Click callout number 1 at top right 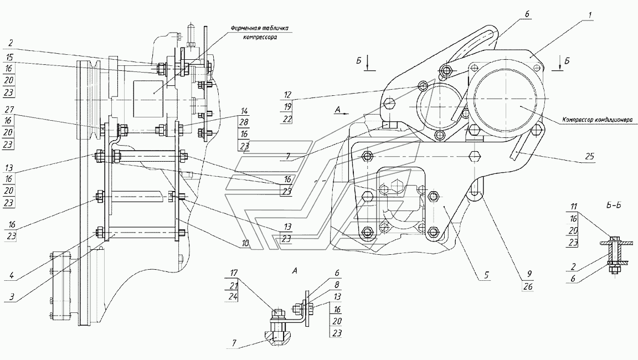pyautogui.click(x=590, y=16)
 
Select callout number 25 pyautogui.click(x=590, y=156)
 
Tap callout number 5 pyautogui.click(x=487, y=275)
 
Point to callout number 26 pyautogui.click(x=528, y=287)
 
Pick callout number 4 pyautogui.click(x=12, y=275)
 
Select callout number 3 pyautogui.click(x=12, y=297)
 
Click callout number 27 pyautogui.click(x=9, y=110)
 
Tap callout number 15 pyautogui.click(x=9, y=58)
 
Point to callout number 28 pyautogui.click(x=244, y=122)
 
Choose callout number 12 pyautogui.click(x=287, y=95)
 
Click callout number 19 pyautogui.click(x=287, y=106)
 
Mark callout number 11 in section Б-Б pyautogui.click(x=574, y=207)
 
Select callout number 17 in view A pyautogui.click(x=234, y=273)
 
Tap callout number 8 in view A pyautogui.click(x=337, y=285)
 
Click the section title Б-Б pyautogui.click(x=614, y=205)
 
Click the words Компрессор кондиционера pyautogui.click(x=597, y=120)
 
